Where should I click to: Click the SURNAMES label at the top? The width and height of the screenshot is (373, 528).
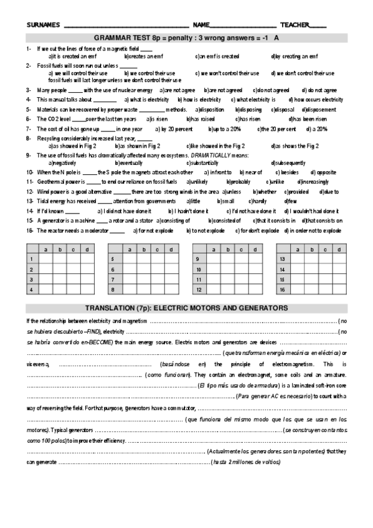[x=43, y=25]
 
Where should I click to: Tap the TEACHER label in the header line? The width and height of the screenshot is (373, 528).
[x=294, y=25]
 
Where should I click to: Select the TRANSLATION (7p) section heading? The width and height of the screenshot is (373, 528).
[x=186, y=308]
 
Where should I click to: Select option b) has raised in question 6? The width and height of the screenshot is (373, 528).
[x=203, y=118]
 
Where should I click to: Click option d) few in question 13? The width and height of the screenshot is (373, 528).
[x=290, y=201]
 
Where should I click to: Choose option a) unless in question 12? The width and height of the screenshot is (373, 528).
[x=230, y=192]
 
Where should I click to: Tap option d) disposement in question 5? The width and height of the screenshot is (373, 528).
[x=321, y=109]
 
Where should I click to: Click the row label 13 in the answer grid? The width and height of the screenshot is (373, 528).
[x=282, y=258]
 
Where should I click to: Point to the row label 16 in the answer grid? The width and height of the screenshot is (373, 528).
[x=282, y=290]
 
